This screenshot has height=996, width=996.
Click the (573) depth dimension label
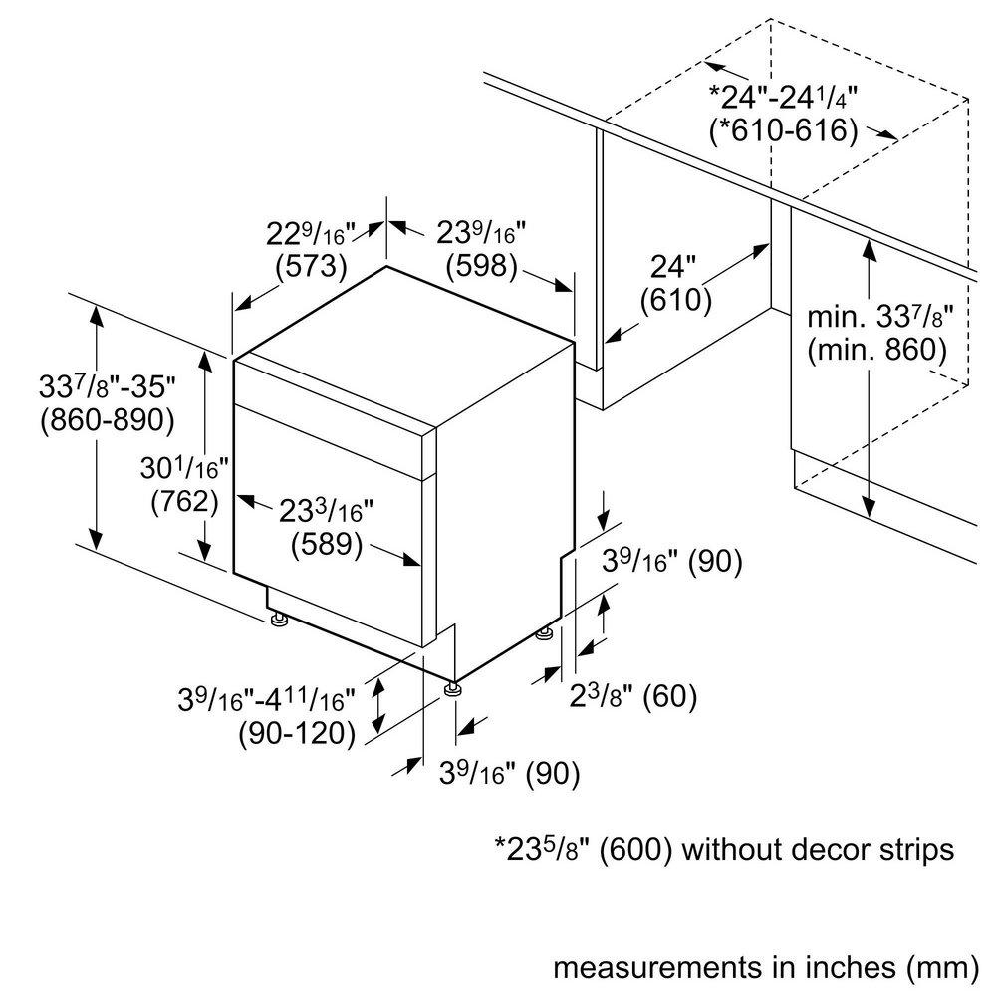point(311,266)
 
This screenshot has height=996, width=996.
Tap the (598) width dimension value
point(481,266)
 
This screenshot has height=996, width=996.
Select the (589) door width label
point(327,545)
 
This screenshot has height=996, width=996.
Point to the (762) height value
point(185,502)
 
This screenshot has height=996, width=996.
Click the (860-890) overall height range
point(108,420)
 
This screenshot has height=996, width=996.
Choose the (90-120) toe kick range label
point(297,734)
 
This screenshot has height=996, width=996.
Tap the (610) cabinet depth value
point(676,300)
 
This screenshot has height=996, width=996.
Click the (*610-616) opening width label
point(783,130)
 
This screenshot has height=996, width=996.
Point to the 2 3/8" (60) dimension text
point(632,696)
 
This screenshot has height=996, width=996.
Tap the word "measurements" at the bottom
point(657,968)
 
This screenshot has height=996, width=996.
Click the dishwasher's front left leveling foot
point(278,619)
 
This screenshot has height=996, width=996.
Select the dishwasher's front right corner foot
point(453,689)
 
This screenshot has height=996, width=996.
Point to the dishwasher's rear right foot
point(545,633)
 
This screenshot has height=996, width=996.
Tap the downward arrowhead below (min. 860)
point(869,506)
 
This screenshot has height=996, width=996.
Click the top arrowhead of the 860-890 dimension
point(96,317)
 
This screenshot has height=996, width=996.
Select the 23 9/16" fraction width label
point(481,233)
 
